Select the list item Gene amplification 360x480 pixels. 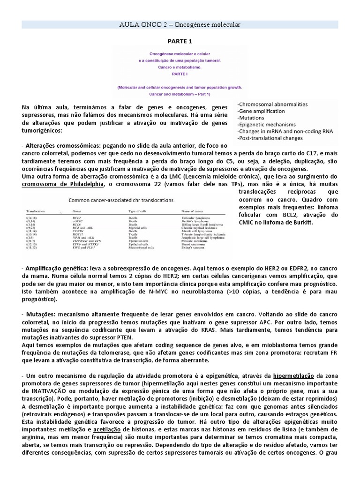(x=261, y=111)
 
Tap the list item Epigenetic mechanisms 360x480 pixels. (x=266, y=125)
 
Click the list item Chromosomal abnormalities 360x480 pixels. (x=272, y=104)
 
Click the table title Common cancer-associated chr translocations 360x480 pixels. (x=121, y=200)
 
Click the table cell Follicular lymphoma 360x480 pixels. (x=197, y=218)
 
